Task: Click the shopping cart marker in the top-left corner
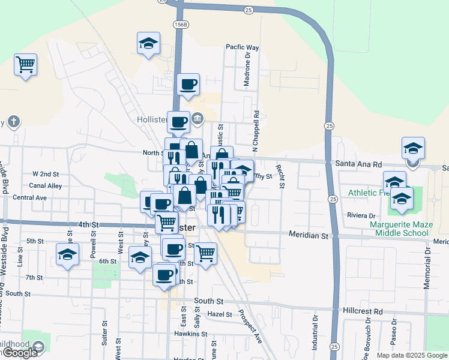coord(26,64)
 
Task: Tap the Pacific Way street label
coord(242,47)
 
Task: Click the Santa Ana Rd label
coord(358,163)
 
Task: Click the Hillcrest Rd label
coord(362,311)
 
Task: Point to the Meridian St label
coord(308,235)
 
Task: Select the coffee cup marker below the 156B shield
coord(188,83)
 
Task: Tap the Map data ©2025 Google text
coord(412,355)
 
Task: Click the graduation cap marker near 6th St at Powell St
coord(68,254)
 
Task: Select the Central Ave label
coord(29,197)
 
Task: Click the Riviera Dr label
coord(361,215)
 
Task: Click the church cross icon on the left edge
coord(14,122)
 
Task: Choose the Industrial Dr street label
coord(315,339)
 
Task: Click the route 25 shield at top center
coord(248,10)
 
